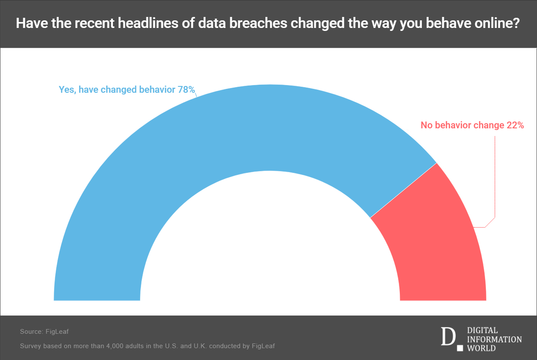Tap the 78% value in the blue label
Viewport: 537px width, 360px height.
[x=186, y=90]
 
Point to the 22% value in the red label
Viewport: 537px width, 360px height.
[x=515, y=125]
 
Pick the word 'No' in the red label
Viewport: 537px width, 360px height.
[x=426, y=125]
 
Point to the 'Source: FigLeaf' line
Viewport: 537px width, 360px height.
[x=44, y=332]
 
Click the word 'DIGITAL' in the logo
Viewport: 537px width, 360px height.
[x=482, y=330]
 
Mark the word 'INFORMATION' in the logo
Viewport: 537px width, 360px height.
[x=494, y=339]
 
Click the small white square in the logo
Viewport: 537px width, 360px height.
[x=460, y=349]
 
